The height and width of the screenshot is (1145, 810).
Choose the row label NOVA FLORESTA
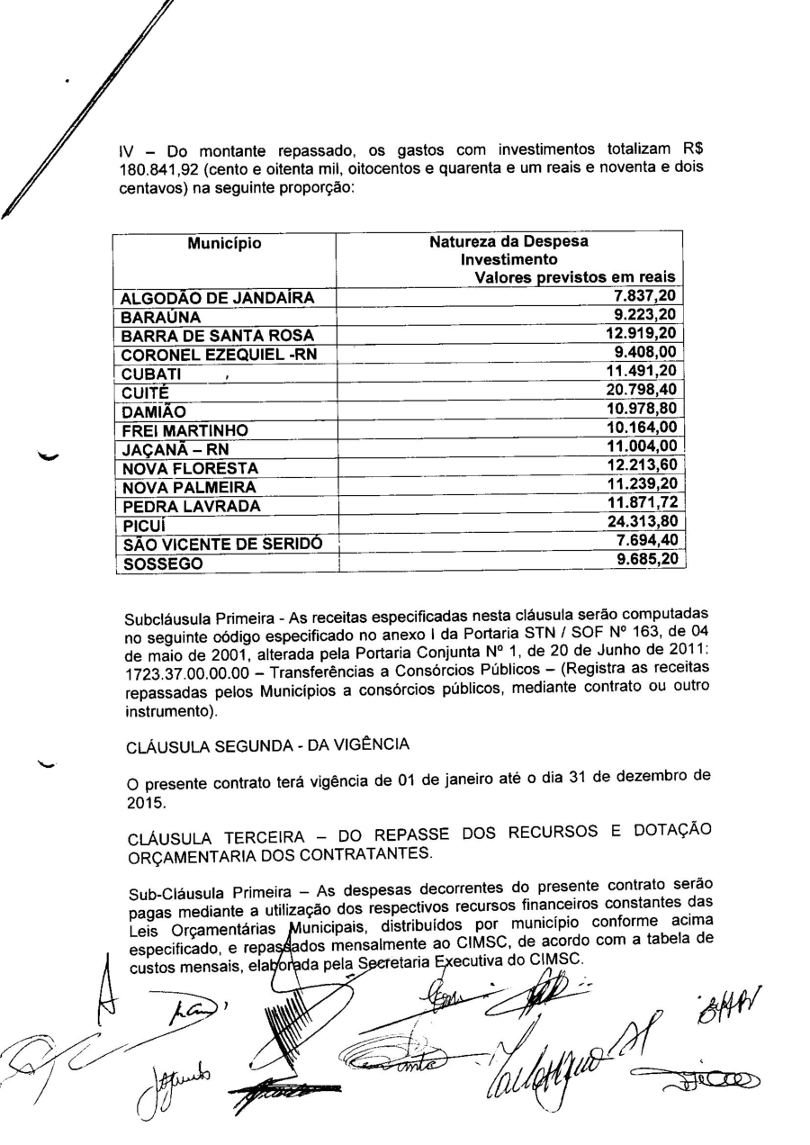[x=190, y=468]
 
